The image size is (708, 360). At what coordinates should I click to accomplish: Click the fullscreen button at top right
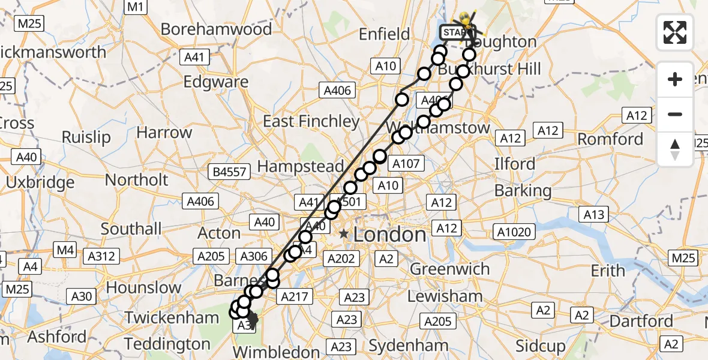click(675, 32)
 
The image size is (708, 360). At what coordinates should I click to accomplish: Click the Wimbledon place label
click(277, 352)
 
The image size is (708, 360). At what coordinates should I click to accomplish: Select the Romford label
click(610, 139)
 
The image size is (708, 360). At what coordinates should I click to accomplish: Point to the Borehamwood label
click(216, 29)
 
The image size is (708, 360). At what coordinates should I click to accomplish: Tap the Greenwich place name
click(449, 269)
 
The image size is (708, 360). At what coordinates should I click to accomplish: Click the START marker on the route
click(454, 31)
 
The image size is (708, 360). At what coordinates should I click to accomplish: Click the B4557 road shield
click(230, 173)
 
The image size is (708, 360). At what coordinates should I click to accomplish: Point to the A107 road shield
click(407, 163)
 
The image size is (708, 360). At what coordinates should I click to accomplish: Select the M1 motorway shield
click(136, 7)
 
